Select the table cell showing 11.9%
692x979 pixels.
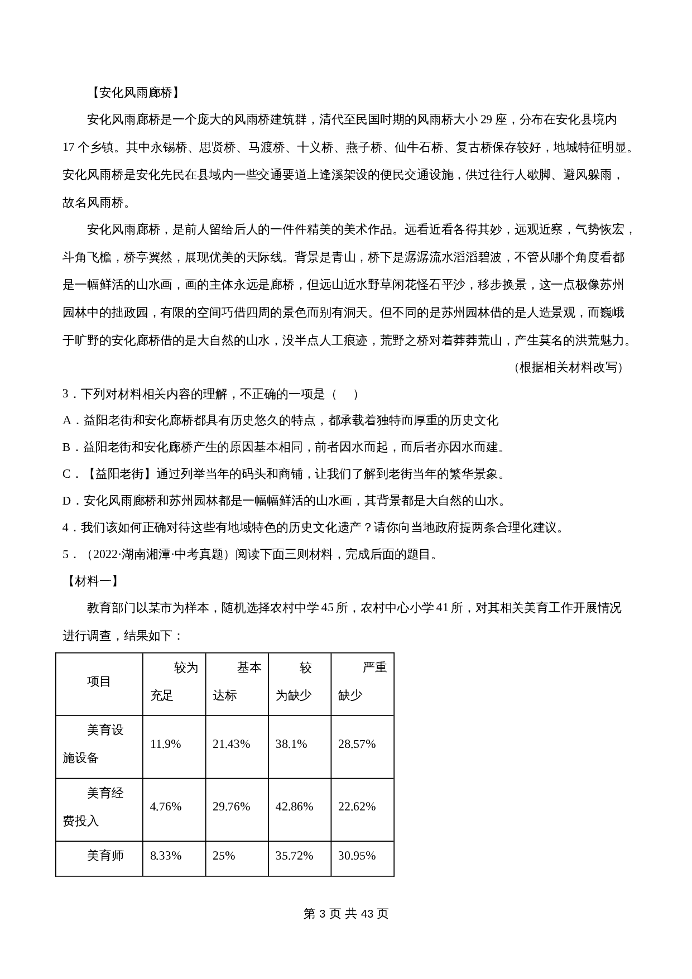click(165, 744)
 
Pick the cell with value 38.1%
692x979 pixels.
click(291, 744)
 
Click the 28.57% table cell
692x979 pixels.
click(357, 744)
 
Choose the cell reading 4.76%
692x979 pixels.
click(165, 807)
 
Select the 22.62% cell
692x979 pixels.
click(357, 807)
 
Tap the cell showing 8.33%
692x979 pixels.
click(165, 856)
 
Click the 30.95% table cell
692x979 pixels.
click(357, 856)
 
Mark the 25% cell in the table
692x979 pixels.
click(224, 856)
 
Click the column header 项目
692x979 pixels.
click(99, 682)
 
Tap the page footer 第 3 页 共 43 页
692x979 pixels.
click(345, 914)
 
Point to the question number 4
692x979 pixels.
click(66, 527)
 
